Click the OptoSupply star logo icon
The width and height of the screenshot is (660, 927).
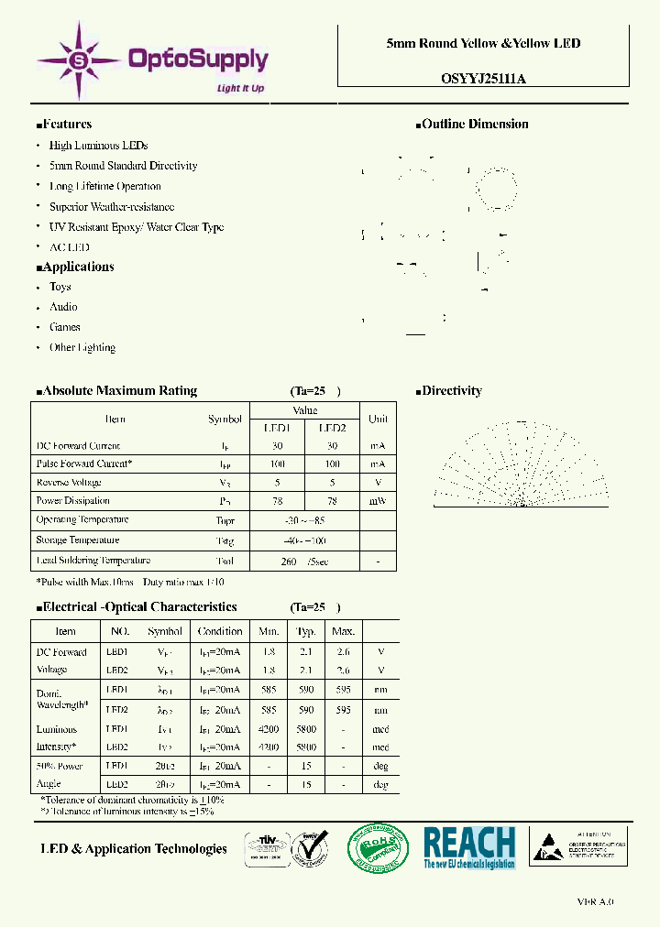(79, 60)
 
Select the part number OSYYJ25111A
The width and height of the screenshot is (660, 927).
(483, 79)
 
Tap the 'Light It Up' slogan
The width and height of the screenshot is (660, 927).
(240, 89)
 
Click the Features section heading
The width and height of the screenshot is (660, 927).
(66, 125)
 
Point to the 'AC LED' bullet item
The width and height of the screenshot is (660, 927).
(70, 247)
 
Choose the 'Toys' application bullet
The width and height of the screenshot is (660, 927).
(60, 287)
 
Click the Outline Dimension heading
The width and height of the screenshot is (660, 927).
(474, 125)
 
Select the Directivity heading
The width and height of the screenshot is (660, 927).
(451, 391)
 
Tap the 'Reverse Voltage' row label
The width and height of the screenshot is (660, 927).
(69, 483)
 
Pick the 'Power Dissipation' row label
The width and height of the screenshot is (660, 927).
(73, 501)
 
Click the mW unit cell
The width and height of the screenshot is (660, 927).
(378, 502)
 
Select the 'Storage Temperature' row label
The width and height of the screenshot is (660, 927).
(78, 540)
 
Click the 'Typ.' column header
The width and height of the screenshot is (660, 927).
(306, 632)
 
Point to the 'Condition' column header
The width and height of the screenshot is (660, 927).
(221, 632)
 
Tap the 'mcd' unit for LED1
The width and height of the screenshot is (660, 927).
(380, 730)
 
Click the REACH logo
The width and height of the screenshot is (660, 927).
(469, 847)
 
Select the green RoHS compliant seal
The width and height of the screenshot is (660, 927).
(378, 848)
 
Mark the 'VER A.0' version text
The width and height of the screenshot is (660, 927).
(595, 902)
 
